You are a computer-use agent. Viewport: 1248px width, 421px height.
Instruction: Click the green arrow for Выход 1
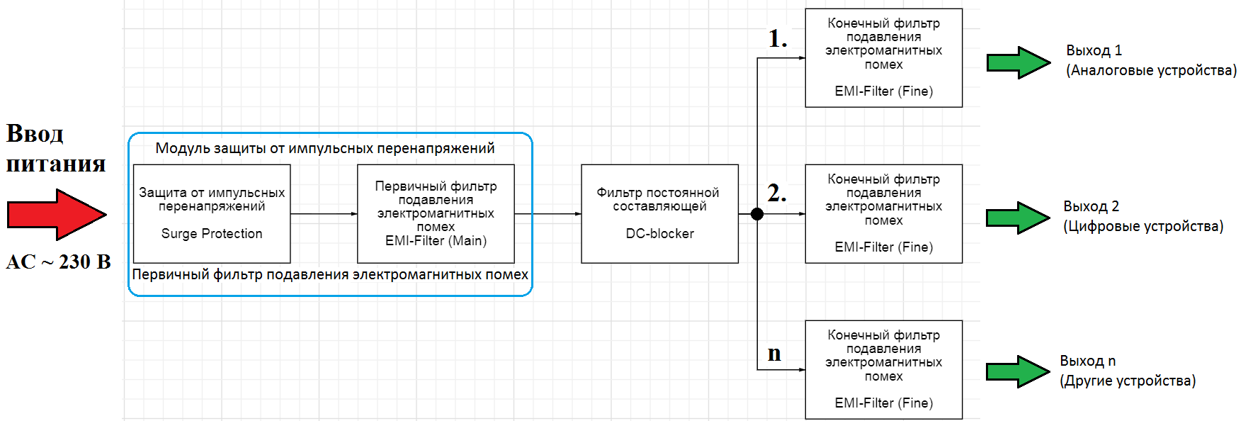pyautogui.click(x=1019, y=62)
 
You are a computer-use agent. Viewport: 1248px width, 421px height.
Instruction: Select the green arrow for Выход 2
pyautogui.click(x=1019, y=218)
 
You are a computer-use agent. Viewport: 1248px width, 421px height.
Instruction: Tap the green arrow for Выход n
pyautogui.click(x=1019, y=371)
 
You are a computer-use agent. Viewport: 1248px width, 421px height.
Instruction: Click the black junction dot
pyautogui.click(x=757, y=214)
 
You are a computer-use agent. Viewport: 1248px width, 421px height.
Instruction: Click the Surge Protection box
pyautogui.click(x=212, y=214)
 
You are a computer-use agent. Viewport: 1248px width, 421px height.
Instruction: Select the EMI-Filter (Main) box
pyautogui.click(x=436, y=214)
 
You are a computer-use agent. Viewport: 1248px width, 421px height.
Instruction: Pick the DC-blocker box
pyautogui.click(x=659, y=214)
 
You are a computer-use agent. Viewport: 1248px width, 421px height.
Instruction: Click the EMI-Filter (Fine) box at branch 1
pyautogui.click(x=884, y=58)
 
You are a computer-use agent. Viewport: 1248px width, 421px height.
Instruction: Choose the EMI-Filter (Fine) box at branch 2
pyautogui.click(x=884, y=214)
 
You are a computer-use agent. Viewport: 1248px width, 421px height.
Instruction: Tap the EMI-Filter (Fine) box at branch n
pyautogui.click(x=884, y=370)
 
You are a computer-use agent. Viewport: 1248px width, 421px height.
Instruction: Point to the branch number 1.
pyautogui.click(x=778, y=38)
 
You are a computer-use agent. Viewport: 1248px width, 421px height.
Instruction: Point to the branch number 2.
pyautogui.click(x=777, y=193)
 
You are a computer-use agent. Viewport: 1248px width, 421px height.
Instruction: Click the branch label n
pyautogui.click(x=774, y=354)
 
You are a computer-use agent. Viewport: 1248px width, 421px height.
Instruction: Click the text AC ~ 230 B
pyautogui.click(x=58, y=262)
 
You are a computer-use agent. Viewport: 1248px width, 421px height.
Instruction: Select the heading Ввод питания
pyautogui.click(x=55, y=148)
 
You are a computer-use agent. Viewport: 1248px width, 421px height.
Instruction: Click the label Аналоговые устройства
pyautogui.click(x=1152, y=70)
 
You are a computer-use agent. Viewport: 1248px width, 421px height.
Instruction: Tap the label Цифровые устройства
pyautogui.click(x=1143, y=226)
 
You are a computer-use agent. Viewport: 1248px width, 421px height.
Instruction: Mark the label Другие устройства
pyautogui.click(x=1128, y=381)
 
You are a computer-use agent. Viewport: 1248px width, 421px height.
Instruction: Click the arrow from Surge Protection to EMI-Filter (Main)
pyautogui.click(x=324, y=214)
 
